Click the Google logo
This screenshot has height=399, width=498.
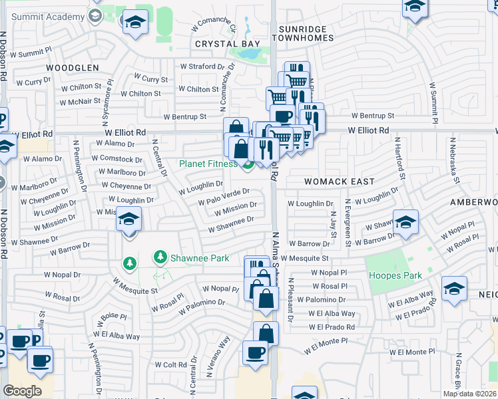pos(22,391)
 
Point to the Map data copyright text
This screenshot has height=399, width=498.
pos(469,394)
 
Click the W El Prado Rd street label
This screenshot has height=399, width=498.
pos(332,327)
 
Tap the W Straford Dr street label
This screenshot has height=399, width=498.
pos(208,66)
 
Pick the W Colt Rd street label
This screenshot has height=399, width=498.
pos(170,364)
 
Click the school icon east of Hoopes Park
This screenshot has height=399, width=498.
pos(454,289)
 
